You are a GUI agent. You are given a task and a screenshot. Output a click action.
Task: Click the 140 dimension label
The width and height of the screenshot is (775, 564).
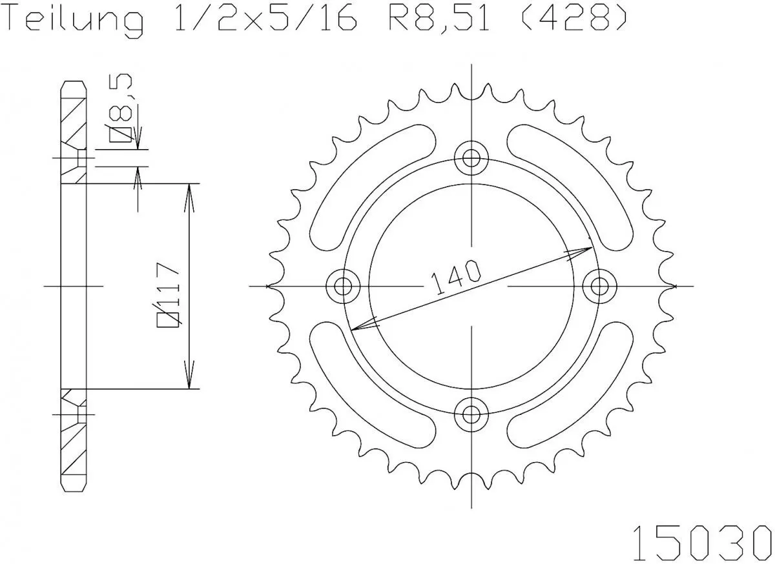click(456, 277)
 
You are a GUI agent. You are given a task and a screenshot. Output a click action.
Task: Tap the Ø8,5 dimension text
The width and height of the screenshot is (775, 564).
click(123, 108)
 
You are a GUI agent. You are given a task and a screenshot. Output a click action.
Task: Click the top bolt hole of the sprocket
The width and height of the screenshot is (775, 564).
click(471, 157)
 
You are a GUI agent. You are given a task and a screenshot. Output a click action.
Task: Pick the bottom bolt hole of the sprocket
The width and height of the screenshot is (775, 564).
click(471, 413)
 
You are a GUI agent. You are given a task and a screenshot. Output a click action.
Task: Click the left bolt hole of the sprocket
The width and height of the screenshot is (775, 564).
click(343, 285)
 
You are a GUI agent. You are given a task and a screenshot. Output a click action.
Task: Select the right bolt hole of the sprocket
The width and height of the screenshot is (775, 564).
click(600, 285)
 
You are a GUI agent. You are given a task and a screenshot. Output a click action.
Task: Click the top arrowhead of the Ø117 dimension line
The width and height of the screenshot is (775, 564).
click(189, 194)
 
